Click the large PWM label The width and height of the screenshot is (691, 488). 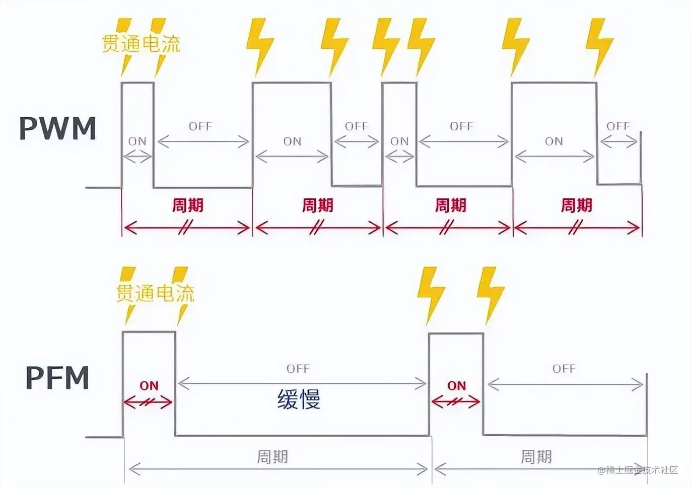pos(57,128)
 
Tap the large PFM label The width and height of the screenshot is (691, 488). pos(57,378)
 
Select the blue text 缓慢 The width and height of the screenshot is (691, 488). pos(299,399)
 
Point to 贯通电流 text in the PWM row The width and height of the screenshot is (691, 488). pos(141,44)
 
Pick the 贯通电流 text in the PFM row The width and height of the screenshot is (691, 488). pos(155,293)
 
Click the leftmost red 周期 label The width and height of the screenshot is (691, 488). pos(187,205)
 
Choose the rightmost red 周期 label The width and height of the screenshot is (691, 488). pos(576,205)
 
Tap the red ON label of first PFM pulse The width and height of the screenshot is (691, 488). pos(149,386)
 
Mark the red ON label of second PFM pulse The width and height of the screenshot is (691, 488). pos(456,386)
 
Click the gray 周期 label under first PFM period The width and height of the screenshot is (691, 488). pos(272,457)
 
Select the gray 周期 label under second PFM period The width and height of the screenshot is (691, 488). pos(536,457)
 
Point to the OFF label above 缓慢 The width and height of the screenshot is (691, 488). pos(298,369)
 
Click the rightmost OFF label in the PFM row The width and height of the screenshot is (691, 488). pos(564,369)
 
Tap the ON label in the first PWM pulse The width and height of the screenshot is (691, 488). pos(137,141)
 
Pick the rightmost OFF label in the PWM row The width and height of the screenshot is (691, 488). pos(618,126)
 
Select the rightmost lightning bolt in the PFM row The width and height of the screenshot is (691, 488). pos(490,295)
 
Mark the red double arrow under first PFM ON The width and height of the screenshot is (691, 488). pos(148,402)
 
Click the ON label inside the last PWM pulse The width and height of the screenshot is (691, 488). pos(554,141)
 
